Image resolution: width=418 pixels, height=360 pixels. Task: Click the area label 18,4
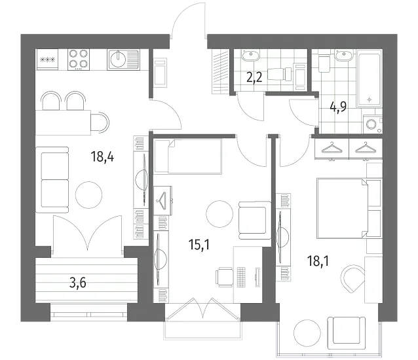(102, 156)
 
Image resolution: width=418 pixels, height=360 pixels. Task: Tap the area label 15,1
(199, 244)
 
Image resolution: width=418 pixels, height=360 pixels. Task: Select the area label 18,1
(318, 261)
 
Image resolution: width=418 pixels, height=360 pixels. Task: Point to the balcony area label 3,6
(78, 283)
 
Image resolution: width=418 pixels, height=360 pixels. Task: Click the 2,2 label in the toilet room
(254, 77)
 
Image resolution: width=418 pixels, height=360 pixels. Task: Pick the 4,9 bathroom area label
(338, 107)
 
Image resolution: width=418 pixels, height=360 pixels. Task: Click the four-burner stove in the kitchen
(79, 60)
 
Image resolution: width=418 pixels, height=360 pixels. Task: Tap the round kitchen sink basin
(118, 59)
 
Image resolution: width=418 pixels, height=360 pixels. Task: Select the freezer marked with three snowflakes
(47, 60)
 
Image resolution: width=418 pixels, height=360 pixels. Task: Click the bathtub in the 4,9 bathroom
(370, 80)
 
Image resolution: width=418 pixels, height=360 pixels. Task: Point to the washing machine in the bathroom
(372, 124)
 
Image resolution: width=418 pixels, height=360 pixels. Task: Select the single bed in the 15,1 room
(188, 156)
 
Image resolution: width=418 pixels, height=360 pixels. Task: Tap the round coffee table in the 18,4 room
(88, 194)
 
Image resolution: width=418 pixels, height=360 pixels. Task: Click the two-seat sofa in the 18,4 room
(55, 180)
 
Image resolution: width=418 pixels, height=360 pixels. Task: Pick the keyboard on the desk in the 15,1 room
(241, 276)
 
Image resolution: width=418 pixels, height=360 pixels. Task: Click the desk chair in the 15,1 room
(223, 277)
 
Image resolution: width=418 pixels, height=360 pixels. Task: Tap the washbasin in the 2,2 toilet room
(250, 55)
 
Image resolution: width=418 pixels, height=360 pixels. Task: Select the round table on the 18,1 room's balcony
(307, 333)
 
